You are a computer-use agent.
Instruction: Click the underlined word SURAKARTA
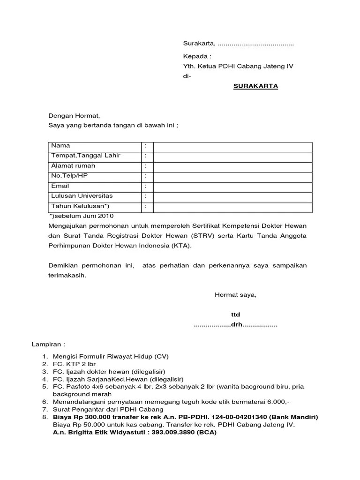[255, 86]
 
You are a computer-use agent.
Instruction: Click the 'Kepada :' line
[194, 56]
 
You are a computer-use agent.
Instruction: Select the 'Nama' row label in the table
[60, 146]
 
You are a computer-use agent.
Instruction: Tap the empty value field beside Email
[232, 186]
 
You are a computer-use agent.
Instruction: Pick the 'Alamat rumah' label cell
[73, 166]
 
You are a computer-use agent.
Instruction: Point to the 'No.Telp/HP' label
[69, 176]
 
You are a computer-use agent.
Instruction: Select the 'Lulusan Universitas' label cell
[82, 196]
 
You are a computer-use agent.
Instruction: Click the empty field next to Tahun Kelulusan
[232, 206]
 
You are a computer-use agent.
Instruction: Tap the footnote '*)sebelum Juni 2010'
[81, 216]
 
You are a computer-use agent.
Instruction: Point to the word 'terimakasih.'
[67, 276]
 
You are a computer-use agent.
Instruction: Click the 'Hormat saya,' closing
[235, 295]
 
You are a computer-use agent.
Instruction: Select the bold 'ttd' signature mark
[235, 315]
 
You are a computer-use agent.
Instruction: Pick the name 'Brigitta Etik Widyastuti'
[106, 433]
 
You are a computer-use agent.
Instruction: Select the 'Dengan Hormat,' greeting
[74, 115]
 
